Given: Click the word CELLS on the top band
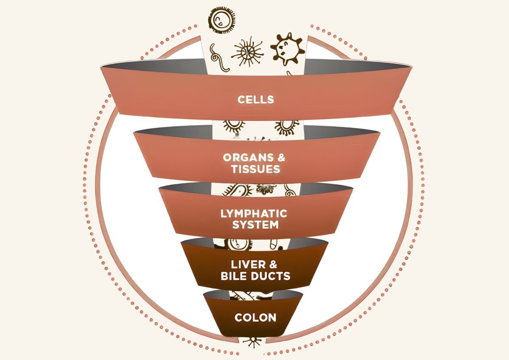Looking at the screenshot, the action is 256,100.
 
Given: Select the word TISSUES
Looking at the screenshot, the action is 256,169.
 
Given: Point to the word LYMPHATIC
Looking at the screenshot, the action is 254,214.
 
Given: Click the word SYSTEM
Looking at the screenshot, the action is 255,225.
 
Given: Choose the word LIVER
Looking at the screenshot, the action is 248,264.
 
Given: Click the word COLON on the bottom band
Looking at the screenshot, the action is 255,318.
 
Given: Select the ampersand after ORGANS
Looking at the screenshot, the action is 281,157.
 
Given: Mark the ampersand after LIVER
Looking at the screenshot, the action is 273,264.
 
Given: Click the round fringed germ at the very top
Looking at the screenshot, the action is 222,20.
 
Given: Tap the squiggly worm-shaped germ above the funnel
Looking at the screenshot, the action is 218,58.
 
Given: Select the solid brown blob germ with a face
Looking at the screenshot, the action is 287,50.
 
